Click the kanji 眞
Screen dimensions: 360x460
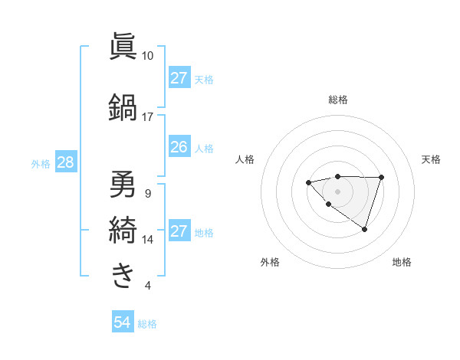pos(123,47)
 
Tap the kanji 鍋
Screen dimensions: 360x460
pos(123,106)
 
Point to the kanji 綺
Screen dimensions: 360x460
pos(123,228)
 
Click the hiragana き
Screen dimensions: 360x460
pos(123,273)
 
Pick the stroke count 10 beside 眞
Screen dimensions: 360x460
pos(147,56)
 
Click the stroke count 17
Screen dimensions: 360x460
pos(147,116)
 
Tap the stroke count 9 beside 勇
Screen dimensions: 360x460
pos(147,193)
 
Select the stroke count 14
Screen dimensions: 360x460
pos(147,240)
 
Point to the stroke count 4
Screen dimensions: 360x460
pos(147,286)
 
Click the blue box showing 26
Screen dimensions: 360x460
pos(179,147)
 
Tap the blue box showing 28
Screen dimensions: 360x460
pos(64,162)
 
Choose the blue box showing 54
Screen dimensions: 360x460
pos(123,322)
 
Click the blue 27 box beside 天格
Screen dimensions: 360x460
pos(179,78)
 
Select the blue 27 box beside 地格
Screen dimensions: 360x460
pos(179,231)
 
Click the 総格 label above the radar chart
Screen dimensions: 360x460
pos(337,100)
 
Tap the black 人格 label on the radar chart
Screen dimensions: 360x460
pos(245,159)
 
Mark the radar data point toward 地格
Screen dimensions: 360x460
pos(365,229)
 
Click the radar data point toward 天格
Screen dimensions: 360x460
pos(381,178)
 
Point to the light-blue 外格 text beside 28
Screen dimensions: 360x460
pos(41,163)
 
